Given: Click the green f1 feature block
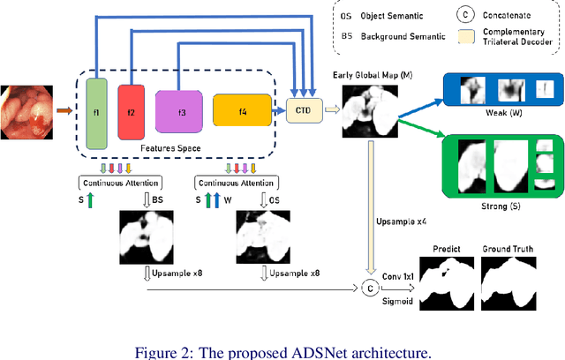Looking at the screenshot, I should click(96, 112).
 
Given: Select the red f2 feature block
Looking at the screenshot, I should click(130, 112).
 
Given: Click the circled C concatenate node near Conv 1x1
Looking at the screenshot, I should click(368, 288).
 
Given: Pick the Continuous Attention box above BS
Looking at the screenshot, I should click(117, 184).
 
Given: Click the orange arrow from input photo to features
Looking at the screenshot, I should click(64, 111).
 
